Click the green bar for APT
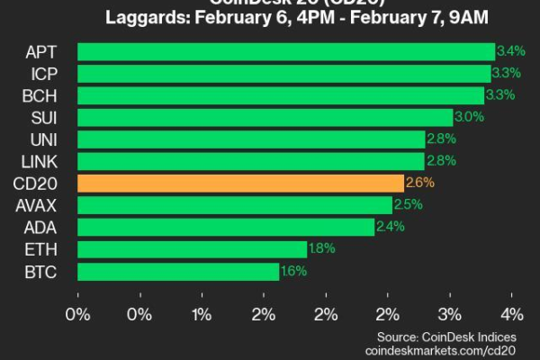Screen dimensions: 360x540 pos(286,51)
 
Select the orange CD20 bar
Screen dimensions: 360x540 pos(241,184)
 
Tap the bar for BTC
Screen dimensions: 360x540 pos(178,271)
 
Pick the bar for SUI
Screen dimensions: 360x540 pos(265,117)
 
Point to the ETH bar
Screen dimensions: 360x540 pos(193,249)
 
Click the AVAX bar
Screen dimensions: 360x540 pos(235,205)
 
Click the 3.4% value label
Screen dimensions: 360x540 pos(509,51)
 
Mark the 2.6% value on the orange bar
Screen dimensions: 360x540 pos(418,184)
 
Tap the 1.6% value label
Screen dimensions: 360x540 pos(293,271)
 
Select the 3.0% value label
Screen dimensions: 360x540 pos(468,117)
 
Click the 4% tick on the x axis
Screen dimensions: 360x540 pos(511,314)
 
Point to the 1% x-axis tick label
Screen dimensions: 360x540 pos(202,314)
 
